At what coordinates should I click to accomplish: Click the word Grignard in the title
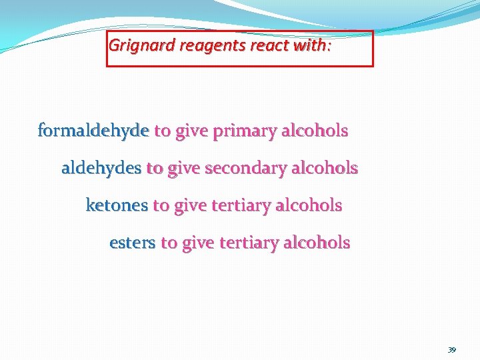point(133,46)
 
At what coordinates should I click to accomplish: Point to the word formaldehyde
point(93,131)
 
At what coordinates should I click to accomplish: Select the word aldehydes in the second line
point(101,169)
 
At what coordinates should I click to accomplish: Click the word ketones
point(117,206)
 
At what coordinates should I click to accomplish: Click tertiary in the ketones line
point(238,206)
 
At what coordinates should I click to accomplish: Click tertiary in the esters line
point(246,243)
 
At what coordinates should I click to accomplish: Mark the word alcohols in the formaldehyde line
point(315,131)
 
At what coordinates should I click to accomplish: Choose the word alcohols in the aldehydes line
point(325,169)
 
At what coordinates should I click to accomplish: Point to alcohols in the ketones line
point(309,206)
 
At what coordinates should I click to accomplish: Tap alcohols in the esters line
point(317,243)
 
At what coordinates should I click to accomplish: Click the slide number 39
point(452,350)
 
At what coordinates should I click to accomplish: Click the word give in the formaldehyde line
point(191,131)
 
